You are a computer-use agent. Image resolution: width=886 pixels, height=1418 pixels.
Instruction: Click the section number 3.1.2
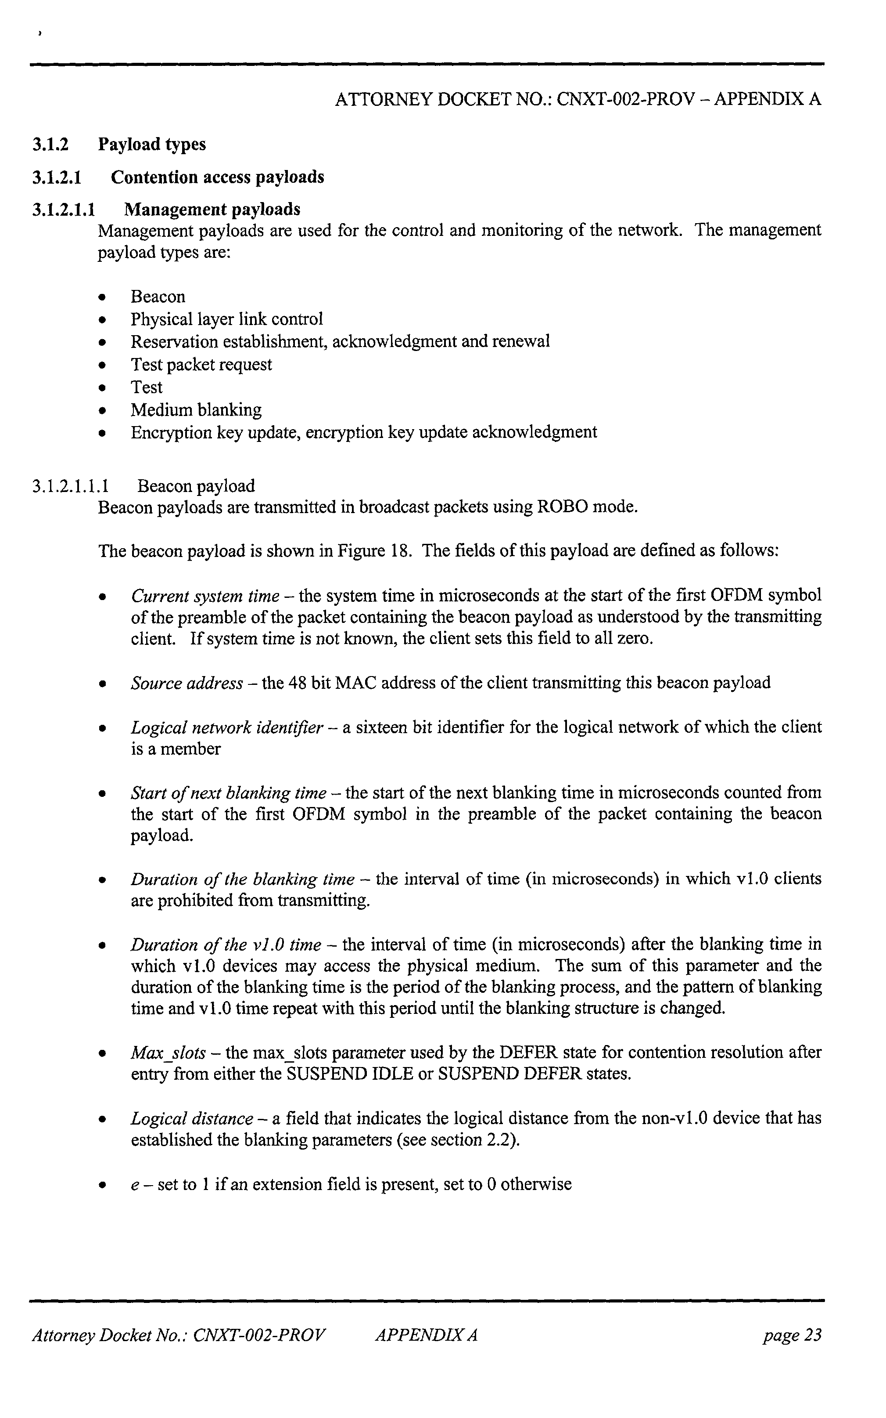50,144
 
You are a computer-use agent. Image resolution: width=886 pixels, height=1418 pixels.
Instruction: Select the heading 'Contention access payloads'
217,177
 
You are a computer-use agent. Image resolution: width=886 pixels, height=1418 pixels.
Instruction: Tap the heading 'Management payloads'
212,210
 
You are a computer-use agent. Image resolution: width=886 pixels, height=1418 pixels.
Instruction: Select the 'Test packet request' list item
201,365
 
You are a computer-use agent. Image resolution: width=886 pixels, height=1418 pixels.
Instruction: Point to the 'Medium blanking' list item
196,410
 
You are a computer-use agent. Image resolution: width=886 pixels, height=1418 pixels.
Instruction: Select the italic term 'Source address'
187,683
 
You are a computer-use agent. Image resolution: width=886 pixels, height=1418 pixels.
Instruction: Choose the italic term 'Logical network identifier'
227,728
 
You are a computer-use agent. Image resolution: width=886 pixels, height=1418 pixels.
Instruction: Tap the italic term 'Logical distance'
192,1119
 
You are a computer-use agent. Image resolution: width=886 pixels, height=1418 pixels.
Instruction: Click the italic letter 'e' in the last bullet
133,1185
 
